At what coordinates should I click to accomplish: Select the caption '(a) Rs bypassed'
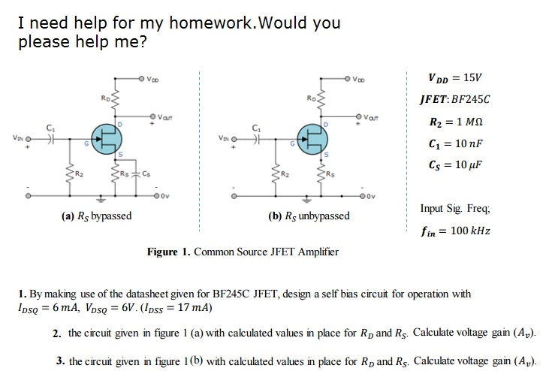(x=96, y=216)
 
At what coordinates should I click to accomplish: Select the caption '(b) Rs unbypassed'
(x=308, y=216)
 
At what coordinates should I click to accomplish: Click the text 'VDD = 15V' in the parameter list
(x=455, y=77)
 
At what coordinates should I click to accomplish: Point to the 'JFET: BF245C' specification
(x=455, y=98)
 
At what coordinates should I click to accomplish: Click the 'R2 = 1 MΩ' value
(x=455, y=120)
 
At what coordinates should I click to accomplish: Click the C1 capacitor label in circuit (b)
(x=255, y=126)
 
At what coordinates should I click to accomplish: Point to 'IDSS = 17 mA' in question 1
(x=180, y=308)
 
